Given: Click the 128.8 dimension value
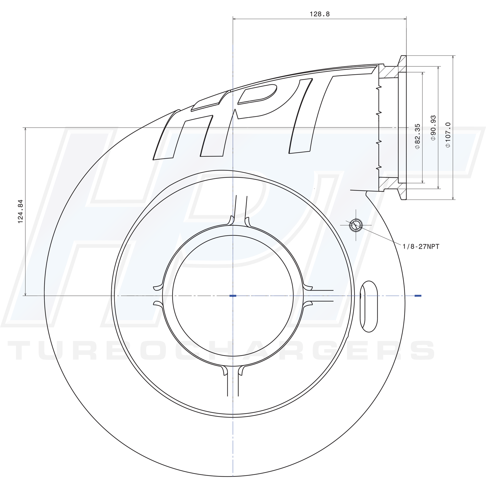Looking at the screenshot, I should click(x=319, y=14).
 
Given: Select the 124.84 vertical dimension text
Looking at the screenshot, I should click(x=20, y=212).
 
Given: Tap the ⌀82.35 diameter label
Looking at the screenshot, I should click(x=417, y=136).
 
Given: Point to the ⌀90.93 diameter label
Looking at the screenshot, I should click(x=433, y=128).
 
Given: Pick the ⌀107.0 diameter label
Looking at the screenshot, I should click(x=448, y=135).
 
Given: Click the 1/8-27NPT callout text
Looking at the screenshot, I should click(x=421, y=247).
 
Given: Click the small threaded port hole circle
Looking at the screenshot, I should click(x=356, y=225).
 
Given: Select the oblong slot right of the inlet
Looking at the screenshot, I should click(x=369, y=307).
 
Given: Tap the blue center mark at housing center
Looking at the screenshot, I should click(x=233, y=295).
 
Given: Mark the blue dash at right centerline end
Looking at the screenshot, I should click(x=418, y=295).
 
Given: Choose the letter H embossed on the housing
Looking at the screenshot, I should click(x=188, y=130).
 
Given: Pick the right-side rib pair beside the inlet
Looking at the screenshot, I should click(x=319, y=295).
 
